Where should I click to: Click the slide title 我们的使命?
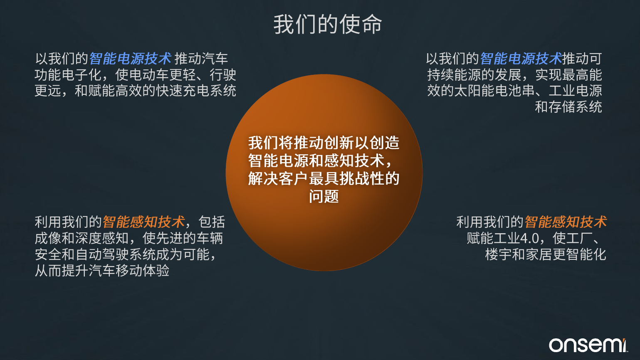[328, 25]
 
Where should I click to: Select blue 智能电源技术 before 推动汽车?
[131, 59]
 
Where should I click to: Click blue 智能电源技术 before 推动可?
[521, 59]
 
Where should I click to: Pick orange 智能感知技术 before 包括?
[144, 222]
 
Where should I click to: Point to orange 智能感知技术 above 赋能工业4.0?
[566, 222]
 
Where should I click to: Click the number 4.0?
[529, 238]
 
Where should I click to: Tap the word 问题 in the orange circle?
[324, 197]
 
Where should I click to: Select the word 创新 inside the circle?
[339, 143]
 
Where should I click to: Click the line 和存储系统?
[568, 107]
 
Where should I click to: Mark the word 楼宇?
[498, 254]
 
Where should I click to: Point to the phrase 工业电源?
[575, 91]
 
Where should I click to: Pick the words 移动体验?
[142, 271]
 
